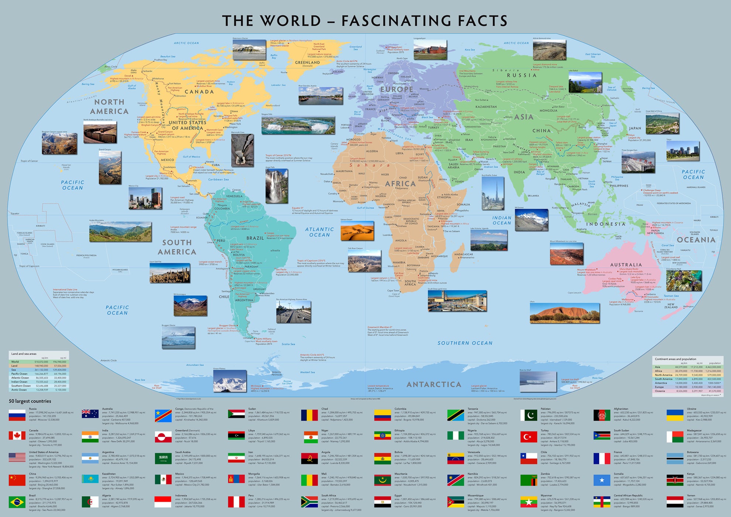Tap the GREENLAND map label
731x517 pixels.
click(307, 62)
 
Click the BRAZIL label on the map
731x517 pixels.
click(255, 238)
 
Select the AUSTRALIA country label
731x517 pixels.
click(626, 265)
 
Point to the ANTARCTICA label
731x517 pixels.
click(434, 384)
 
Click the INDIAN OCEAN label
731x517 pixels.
click(502, 220)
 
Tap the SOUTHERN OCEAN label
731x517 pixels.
click(465, 343)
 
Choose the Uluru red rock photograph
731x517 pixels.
click(564, 313)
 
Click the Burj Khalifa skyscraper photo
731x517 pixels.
click(493, 194)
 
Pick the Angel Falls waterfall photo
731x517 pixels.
click(277, 186)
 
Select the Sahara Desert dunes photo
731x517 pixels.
click(357, 231)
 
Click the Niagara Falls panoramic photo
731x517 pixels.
click(298, 126)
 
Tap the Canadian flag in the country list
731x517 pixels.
click(17, 436)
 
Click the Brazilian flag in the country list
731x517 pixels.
click(17, 502)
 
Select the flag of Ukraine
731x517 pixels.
click(675, 415)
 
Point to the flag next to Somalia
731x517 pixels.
click(602, 480)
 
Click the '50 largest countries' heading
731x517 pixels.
click(30, 401)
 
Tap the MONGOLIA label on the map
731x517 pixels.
click(548, 110)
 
